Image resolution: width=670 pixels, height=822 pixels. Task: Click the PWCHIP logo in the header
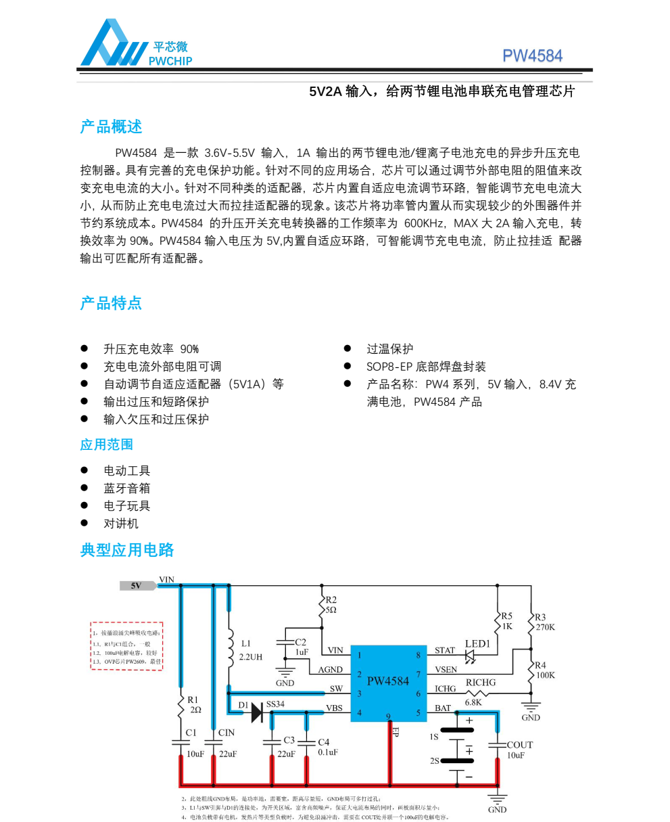point(135,45)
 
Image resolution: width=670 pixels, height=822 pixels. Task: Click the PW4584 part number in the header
point(532,56)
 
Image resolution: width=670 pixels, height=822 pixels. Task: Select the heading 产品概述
point(111,127)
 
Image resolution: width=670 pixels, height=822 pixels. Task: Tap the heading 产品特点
point(111,303)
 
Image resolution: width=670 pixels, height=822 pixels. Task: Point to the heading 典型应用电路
point(127,550)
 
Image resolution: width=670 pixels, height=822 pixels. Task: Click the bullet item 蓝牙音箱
point(126,488)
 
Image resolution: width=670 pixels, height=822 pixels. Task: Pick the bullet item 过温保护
point(389,349)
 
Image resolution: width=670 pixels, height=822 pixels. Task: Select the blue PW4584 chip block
point(388,682)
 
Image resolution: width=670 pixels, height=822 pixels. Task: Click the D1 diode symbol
point(256,712)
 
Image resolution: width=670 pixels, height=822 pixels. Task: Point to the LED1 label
point(477,643)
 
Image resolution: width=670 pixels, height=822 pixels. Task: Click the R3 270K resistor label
point(544,622)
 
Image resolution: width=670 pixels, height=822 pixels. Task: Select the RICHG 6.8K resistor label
point(480,692)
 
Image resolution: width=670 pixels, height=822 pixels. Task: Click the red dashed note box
point(127,646)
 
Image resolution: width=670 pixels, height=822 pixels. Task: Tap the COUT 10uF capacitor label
point(519,750)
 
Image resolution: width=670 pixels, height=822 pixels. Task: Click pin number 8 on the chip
point(418,655)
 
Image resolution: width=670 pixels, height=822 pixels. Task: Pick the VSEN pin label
point(446,670)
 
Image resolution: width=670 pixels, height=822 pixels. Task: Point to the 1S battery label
point(434,737)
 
